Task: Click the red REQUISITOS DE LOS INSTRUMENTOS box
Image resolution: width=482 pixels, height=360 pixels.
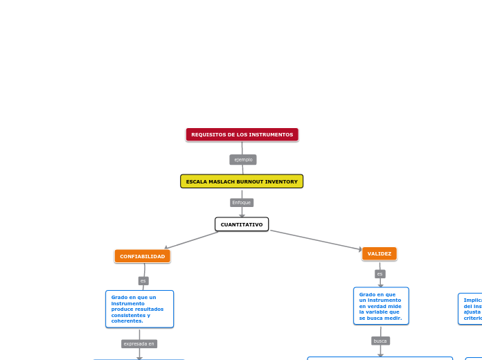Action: [x=242, y=134]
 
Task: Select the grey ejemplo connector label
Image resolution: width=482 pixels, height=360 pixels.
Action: [x=243, y=160]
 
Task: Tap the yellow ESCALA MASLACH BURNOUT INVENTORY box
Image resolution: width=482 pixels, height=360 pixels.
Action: [x=242, y=181]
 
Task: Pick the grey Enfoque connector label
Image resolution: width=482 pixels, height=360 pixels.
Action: [x=242, y=203]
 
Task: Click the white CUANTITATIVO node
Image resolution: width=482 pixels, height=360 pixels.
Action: [x=242, y=224]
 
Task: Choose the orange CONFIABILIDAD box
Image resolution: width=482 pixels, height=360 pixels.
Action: [x=142, y=256]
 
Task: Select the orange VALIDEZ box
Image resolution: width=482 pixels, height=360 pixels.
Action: [x=380, y=254]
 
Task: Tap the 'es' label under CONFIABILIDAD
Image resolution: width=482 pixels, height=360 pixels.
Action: [x=143, y=280]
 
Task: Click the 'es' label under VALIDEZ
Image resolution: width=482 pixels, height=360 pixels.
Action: [x=380, y=274]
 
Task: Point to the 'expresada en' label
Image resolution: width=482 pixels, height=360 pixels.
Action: [x=139, y=343]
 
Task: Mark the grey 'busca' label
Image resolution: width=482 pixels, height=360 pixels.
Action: [x=380, y=341]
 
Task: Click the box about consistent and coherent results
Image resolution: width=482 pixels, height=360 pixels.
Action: [x=139, y=309]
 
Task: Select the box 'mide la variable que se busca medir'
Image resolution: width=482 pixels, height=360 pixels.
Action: [x=381, y=306]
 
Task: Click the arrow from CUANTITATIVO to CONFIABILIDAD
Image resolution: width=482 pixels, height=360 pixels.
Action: [x=191, y=240]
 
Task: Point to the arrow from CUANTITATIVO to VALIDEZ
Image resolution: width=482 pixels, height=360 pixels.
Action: [x=316, y=240]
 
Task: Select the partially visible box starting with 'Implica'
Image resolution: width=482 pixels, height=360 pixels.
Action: [x=472, y=309]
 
